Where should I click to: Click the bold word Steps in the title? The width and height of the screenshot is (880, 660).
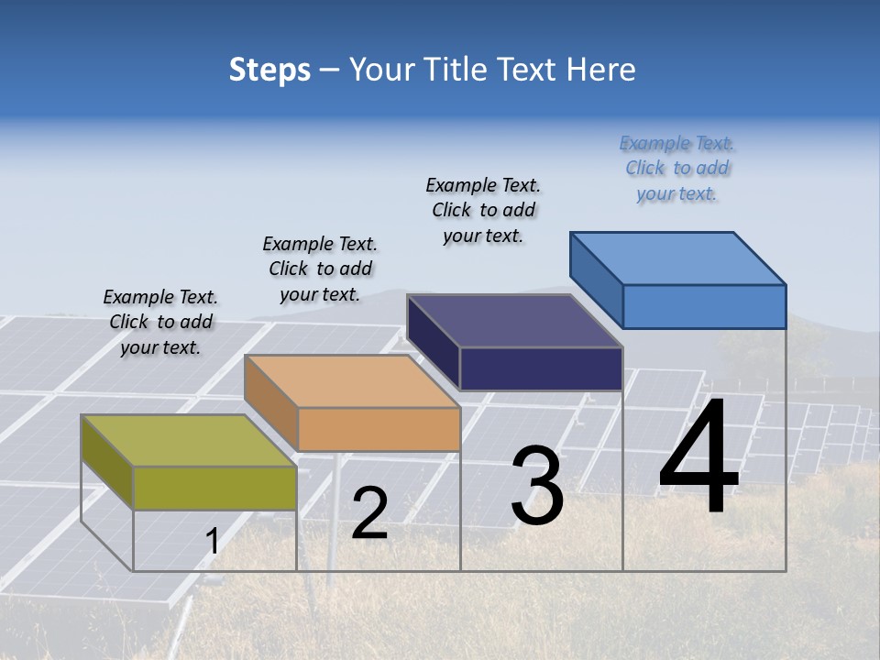(x=269, y=70)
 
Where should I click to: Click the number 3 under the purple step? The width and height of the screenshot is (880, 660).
(x=537, y=486)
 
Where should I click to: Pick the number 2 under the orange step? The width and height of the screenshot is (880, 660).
(x=369, y=513)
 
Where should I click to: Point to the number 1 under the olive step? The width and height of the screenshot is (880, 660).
(x=212, y=542)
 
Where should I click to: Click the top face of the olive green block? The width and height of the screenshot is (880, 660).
(x=188, y=441)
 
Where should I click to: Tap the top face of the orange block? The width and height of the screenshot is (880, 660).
(x=351, y=381)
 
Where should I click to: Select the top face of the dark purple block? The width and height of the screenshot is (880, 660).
(x=514, y=321)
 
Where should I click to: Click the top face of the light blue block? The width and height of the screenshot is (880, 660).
(x=677, y=258)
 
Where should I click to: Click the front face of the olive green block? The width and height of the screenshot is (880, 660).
(x=214, y=488)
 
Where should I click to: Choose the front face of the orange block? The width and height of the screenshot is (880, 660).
(x=379, y=429)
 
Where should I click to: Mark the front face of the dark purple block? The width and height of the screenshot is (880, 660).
(x=541, y=368)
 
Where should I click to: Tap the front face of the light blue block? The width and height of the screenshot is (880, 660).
(x=704, y=306)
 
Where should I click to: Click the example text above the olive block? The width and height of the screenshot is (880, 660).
(x=160, y=322)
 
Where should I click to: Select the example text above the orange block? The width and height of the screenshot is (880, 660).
(x=320, y=269)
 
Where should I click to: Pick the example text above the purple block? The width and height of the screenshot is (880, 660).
(x=483, y=210)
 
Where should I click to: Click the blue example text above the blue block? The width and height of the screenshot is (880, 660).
(x=676, y=168)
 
